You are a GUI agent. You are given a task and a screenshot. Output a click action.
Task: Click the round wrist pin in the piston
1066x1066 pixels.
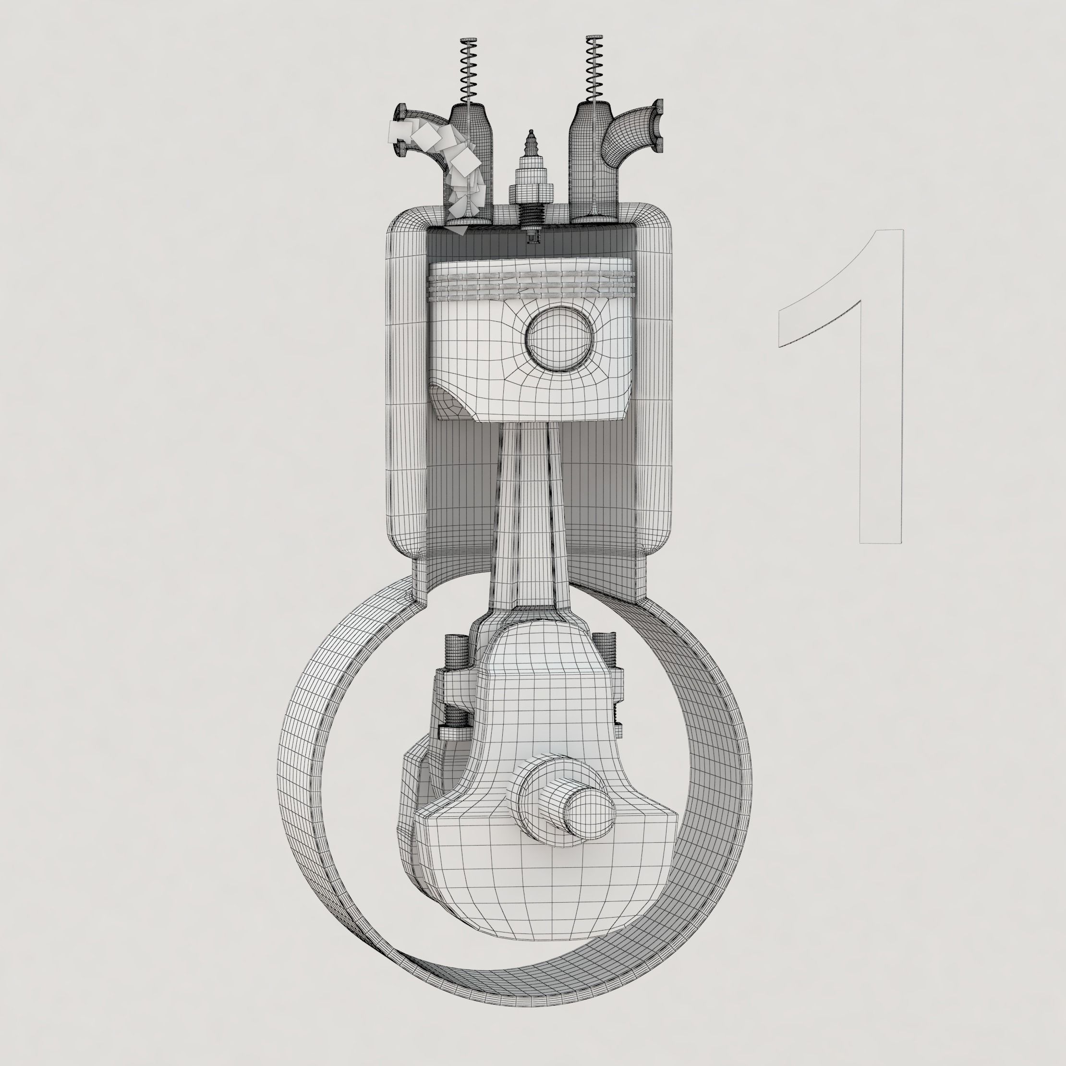(559, 338)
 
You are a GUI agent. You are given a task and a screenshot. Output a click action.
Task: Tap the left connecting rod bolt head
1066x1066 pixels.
(456, 643)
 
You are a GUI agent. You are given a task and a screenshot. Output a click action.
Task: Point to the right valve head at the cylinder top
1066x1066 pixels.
(593, 219)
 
